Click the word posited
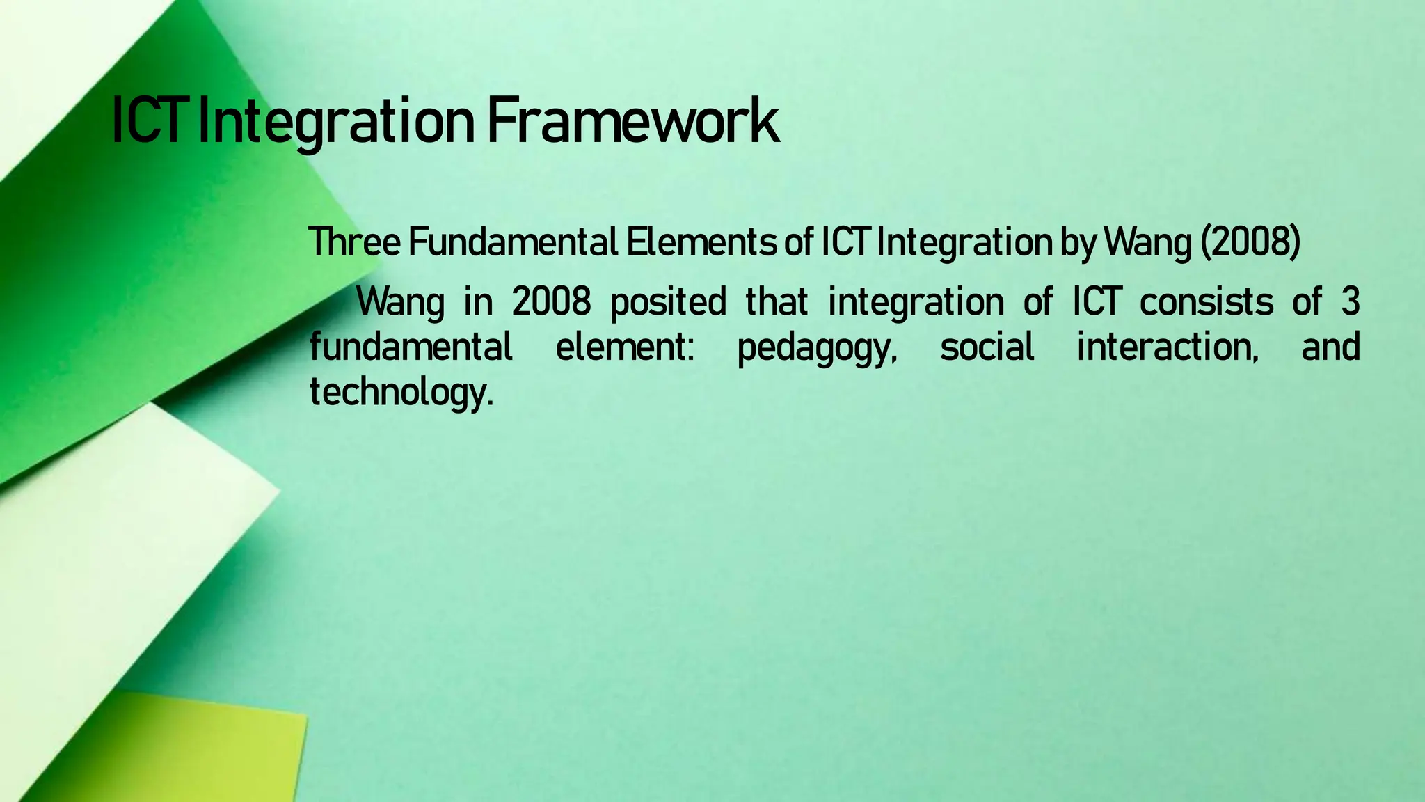tap(668, 303)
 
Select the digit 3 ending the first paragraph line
tap(1350, 303)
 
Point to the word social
tap(987, 347)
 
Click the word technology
tap(401, 392)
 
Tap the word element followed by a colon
tap(624, 347)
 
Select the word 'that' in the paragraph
tap(777, 303)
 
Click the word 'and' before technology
tap(1330, 347)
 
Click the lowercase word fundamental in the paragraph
tap(411, 347)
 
